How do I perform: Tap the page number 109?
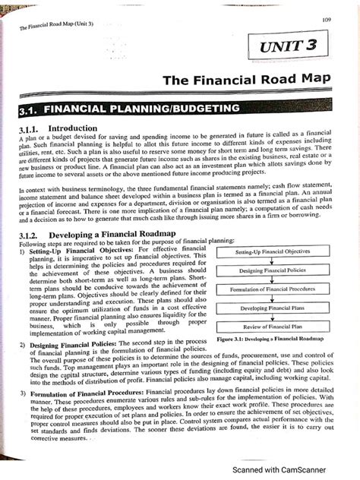coord(327,19)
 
